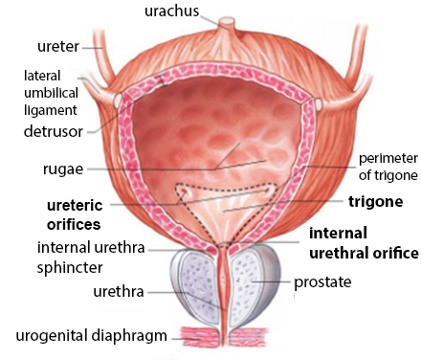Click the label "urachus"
[x=171, y=11]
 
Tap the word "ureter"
[x=58, y=47]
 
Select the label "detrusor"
[x=54, y=131]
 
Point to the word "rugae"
[x=63, y=169]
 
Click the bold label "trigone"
[x=375, y=202]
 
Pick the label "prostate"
[x=322, y=282]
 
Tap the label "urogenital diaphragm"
[x=92, y=336]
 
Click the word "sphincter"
[x=70, y=267]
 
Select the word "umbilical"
[x=51, y=93]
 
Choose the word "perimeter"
[x=388, y=158]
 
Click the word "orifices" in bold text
[x=74, y=224]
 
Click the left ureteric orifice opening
[x=185, y=191]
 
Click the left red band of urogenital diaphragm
[x=201, y=337]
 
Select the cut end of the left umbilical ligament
[x=119, y=100]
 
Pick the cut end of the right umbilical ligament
[x=319, y=103]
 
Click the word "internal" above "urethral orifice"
[x=338, y=234]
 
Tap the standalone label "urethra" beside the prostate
[x=119, y=292]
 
